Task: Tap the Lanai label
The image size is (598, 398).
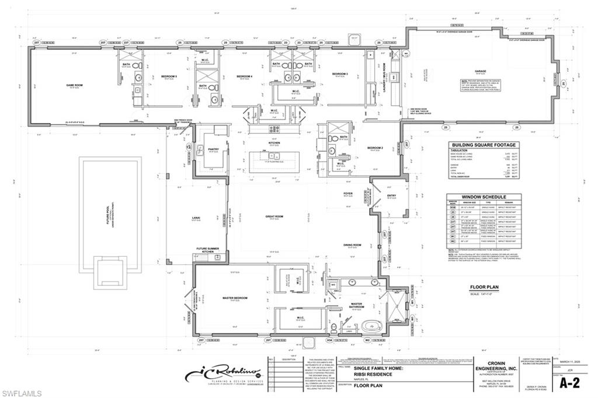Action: point(196,218)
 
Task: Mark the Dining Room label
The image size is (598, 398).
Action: point(352,245)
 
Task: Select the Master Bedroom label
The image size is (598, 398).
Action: point(235,298)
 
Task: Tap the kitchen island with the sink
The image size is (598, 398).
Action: point(274,162)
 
